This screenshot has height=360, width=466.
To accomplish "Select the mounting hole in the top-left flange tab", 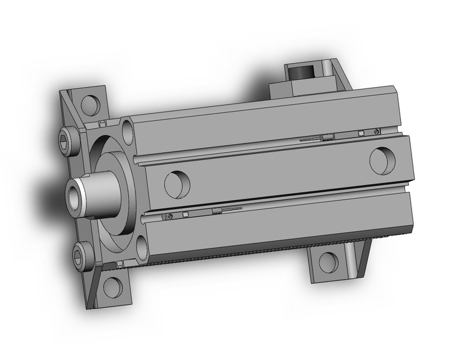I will (x=90, y=102).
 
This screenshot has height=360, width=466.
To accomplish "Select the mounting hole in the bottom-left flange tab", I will (x=112, y=286).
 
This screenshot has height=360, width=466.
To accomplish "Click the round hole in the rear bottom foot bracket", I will (x=328, y=261).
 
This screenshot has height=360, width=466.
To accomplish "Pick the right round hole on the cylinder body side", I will (x=383, y=159).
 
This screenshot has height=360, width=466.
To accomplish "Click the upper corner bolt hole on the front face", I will (x=129, y=130).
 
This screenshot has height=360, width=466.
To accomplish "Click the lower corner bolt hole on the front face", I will (x=142, y=248).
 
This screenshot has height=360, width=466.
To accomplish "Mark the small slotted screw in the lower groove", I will (x=169, y=216).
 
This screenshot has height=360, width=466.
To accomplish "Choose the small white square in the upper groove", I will (x=361, y=133).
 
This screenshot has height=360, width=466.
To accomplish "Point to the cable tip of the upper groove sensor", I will (x=302, y=140).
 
